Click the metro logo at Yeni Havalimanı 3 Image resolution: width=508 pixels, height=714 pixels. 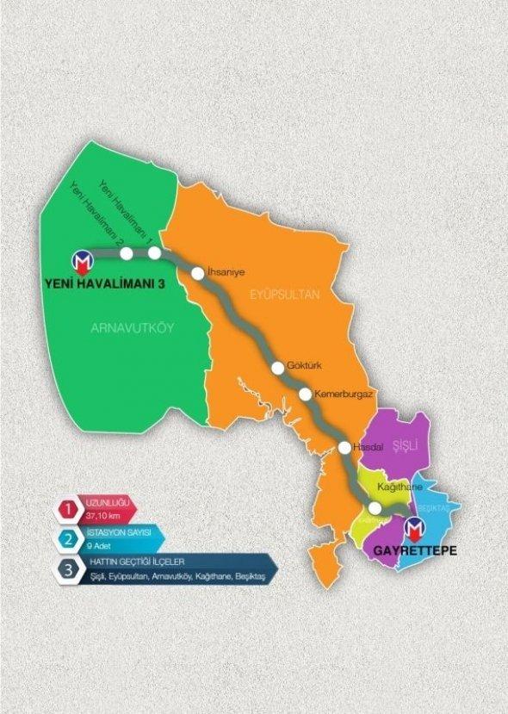pos(84,260)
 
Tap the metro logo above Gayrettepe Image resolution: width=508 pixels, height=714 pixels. pos(415,526)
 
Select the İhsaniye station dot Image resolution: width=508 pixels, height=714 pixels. pos(198,273)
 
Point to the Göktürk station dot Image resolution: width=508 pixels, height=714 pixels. pos(278,368)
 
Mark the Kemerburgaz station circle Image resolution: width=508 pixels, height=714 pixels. pos(306,394)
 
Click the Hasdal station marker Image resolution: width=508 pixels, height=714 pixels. pos(345,447)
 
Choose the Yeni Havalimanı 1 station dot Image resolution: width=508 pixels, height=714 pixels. pos(155,253)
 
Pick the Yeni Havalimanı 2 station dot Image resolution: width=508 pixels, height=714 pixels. pos(127,253)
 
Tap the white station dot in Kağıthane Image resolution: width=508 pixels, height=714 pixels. pos(375,508)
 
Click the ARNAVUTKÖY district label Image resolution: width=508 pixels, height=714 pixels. pos(126,327)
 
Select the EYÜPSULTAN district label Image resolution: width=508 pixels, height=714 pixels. pos(285,295)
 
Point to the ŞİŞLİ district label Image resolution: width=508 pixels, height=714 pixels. pos(404,444)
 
